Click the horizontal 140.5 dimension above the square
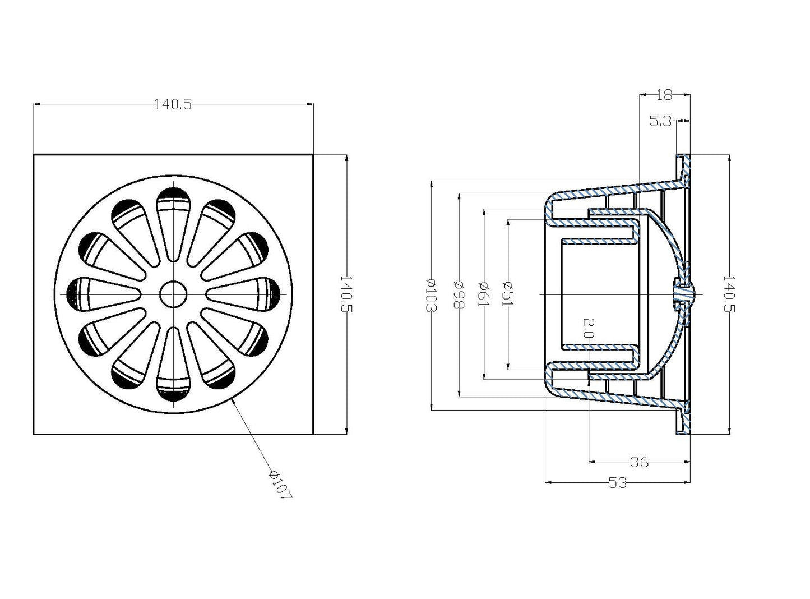coord(173,105)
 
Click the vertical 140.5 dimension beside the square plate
coord(346,294)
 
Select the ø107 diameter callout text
coord(281,485)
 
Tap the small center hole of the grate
coord(173,294)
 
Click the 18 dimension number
coord(664,95)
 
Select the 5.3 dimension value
coord(660,121)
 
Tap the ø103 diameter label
coord(431,294)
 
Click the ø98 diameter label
coord(459,294)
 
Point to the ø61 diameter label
coord(484,294)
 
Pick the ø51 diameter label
coord(508,294)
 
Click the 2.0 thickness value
coord(589,328)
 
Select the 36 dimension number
coord(640,462)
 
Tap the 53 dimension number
coord(618,483)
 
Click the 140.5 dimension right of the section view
coord(729,294)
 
